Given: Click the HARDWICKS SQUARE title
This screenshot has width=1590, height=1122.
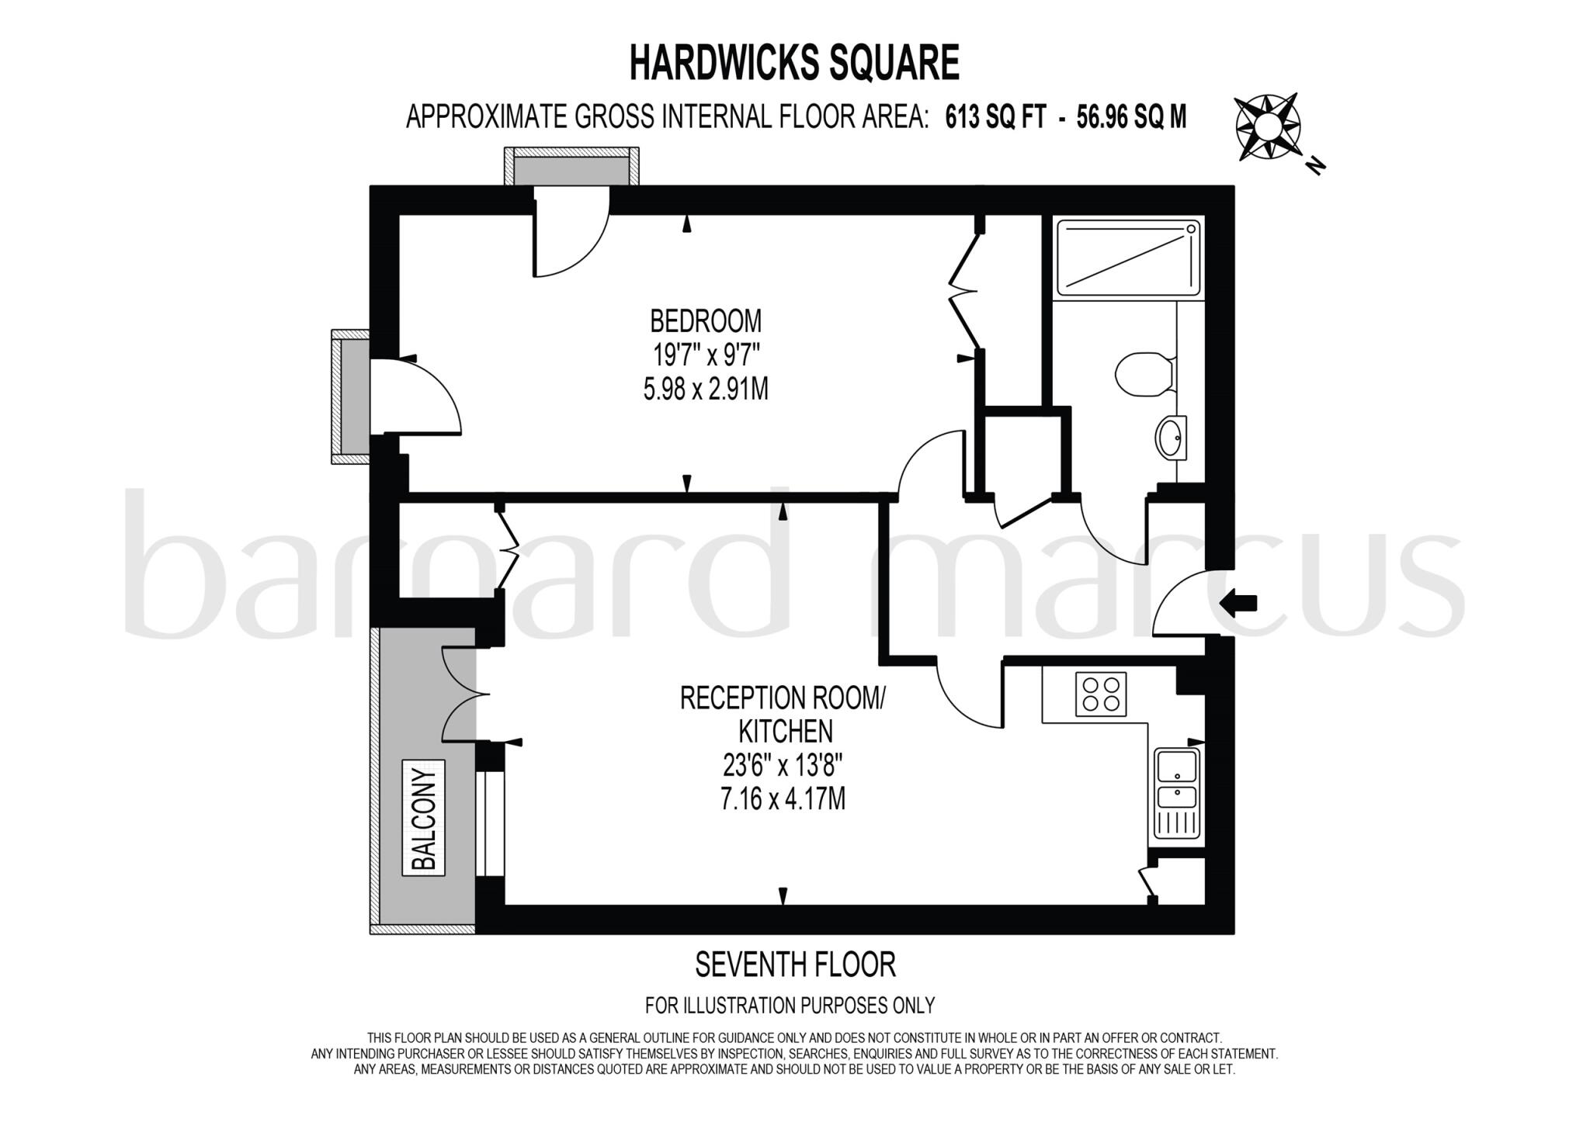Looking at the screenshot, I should click(793, 63).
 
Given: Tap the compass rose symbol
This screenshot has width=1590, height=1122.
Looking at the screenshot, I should click(1267, 126).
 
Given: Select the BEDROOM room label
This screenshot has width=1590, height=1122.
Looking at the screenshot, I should click(705, 320).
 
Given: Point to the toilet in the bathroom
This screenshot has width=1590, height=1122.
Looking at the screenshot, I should click(1144, 375).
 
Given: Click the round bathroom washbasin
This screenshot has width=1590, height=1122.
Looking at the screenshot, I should click(1171, 438).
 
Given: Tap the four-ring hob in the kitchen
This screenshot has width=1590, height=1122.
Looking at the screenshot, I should click(1100, 694).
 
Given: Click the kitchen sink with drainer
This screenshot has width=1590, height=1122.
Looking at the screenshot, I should click(1177, 793).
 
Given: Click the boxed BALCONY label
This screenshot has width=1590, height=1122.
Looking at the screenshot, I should click(423, 818).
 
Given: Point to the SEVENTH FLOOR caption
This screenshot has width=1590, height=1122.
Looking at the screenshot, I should click(795, 964).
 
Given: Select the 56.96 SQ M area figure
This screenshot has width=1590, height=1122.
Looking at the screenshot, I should click(1131, 117).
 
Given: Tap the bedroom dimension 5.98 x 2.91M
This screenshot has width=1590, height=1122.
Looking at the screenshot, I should click(705, 389).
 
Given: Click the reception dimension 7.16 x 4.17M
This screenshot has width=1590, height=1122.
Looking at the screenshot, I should click(783, 798).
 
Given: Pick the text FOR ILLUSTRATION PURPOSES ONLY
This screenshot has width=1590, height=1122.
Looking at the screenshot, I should click(790, 1006).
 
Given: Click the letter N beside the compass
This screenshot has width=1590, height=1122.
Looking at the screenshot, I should click(1314, 164).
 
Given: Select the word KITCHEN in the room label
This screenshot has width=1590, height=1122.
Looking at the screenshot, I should click(785, 730).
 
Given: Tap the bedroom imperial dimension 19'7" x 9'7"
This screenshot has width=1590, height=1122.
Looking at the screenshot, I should click(705, 355).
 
